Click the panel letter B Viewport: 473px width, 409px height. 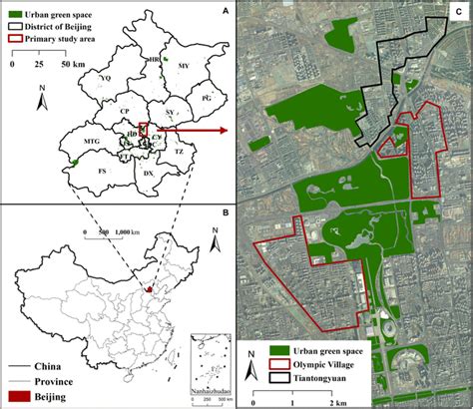pyautogui.click(x=226, y=212)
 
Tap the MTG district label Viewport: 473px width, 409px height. pyautogui.click(x=91, y=143)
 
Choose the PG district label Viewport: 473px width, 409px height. pyautogui.click(x=208, y=100)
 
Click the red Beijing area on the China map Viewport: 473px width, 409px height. pyautogui.click(x=148, y=290)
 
